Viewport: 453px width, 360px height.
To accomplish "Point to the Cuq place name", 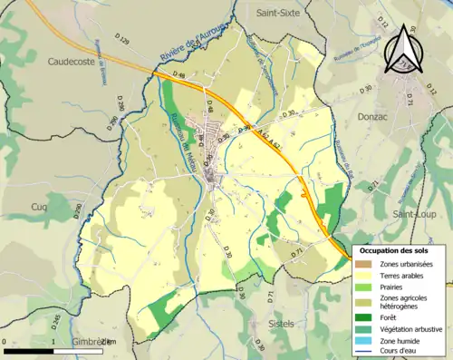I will pyautogui.click(x=39, y=207).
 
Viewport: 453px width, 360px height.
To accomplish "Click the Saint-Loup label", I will pyautogui.click(x=414, y=214).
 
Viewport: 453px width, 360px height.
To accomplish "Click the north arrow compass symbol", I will pyautogui.click(x=400, y=50).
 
